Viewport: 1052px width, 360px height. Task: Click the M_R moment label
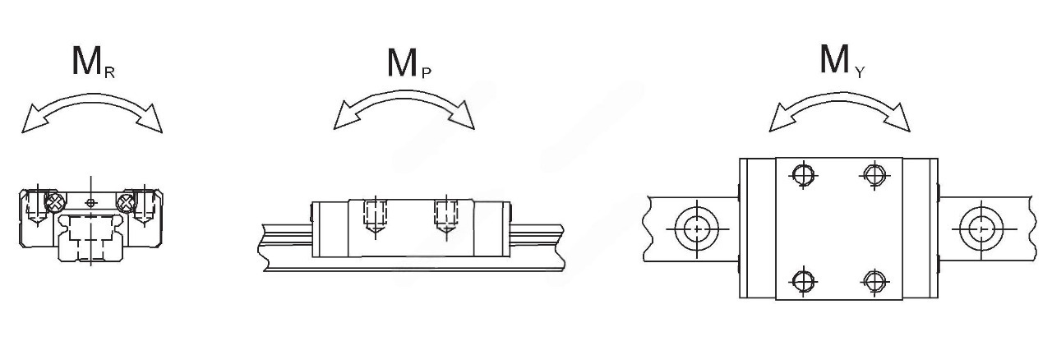(x=93, y=62)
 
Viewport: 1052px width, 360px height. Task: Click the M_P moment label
(x=409, y=63)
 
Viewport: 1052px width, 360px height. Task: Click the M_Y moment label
(x=842, y=61)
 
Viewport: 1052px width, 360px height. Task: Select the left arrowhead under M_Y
(x=783, y=118)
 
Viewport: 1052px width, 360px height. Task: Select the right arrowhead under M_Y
(x=897, y=118)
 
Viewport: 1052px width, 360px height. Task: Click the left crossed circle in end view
(x=55, y=202)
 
